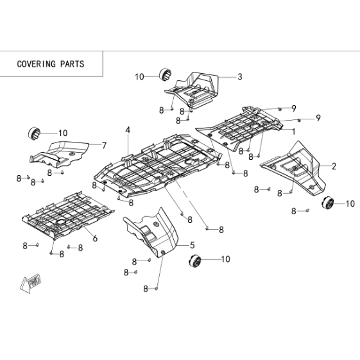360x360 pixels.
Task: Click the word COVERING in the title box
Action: (x=37, y=64)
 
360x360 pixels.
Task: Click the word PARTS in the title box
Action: (x=73, y=64)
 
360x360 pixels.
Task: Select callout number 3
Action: (x=240, y=76)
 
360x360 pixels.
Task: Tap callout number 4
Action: (x=128, y=130)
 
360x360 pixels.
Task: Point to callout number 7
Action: (x=104, y=145)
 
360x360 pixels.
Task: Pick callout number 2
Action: (x=334, y=166)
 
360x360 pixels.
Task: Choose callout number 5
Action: (x=192, y=245)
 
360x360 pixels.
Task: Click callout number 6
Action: (x=95, y=238)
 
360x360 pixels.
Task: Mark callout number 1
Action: (x=293, y=132)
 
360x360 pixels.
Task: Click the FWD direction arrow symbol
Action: (x=31, y=282)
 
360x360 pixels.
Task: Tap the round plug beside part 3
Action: (x=166, y=74)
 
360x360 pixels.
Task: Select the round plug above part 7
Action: (x=34, y=133)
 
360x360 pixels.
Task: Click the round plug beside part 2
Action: (x=327, y=203)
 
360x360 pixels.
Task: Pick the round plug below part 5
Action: (x=194, y=261)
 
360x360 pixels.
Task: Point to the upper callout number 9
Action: (x=294, y=108)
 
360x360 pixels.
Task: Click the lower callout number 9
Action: (x=318, y=118)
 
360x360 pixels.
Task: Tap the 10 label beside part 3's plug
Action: (x=139, y=76)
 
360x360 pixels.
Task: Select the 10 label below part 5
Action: (x=225, y=259)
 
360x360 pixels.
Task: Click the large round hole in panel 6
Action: (x=61, y=222)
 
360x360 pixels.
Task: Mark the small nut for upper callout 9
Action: (x=280, y=109)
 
